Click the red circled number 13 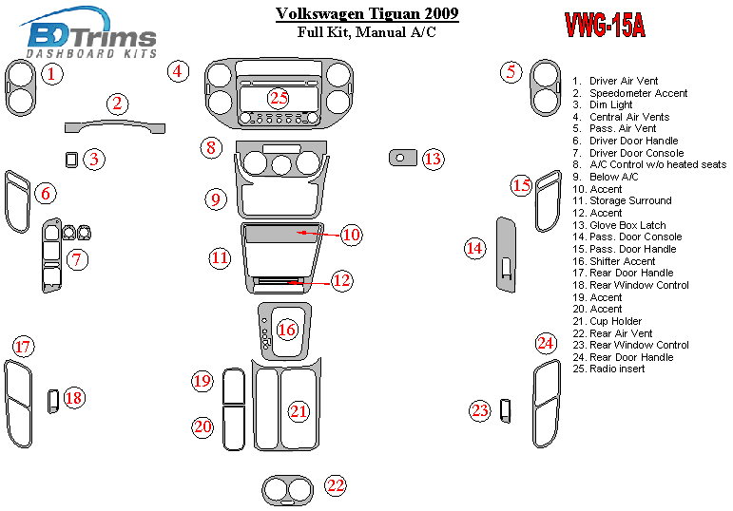(434, 159)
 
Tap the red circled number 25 (278, 97)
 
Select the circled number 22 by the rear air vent (335, 485)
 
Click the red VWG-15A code (605, 25)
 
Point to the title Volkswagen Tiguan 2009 (366, 14)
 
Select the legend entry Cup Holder (615, 321)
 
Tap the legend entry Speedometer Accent (638, 93)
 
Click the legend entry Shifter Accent (622, 261)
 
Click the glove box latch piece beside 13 (403, 157)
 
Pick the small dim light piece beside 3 (71, 159)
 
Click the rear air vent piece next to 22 (287, 491)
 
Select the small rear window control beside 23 (505, 410)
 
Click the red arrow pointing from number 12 (304, 281)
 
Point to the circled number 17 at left (23, 347)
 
